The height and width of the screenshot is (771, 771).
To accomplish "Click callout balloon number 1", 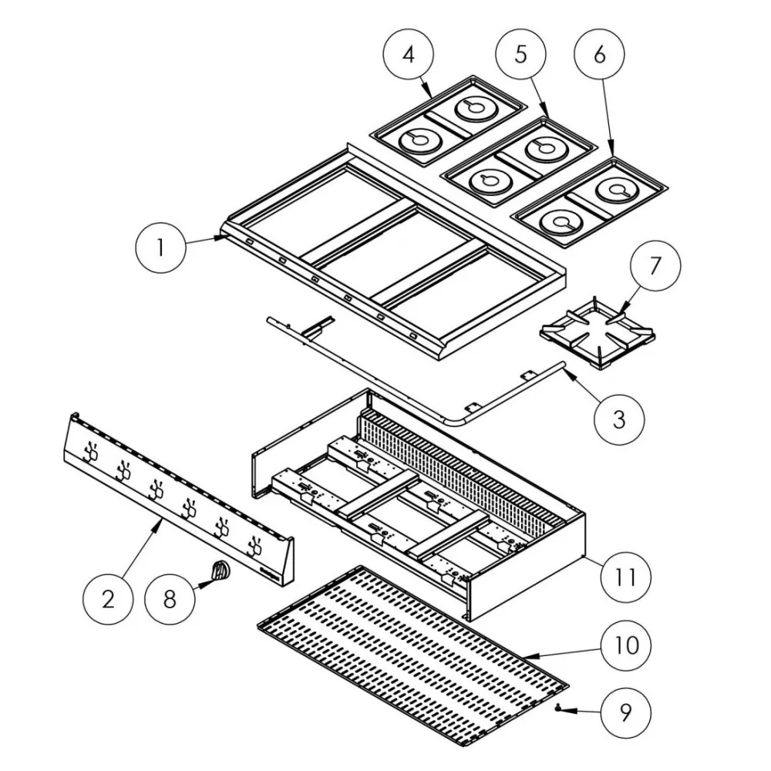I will pos(160,248).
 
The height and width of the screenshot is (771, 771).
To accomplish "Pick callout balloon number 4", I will pos(409,55).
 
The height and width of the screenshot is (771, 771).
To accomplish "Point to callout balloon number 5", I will pos(520,55).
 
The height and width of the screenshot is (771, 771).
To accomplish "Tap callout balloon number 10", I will pos(628,645).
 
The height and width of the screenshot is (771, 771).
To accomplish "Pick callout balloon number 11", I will pos(628,575).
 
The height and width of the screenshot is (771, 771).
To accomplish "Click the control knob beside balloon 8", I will pos(221,571).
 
